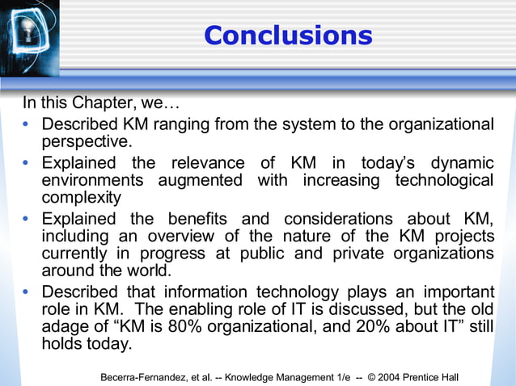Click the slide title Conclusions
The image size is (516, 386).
coord(287,36)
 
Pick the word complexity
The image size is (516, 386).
coord(81,197)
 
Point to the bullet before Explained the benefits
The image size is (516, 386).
coord(29,220)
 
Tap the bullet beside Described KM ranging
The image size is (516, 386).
coord(29,126)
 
